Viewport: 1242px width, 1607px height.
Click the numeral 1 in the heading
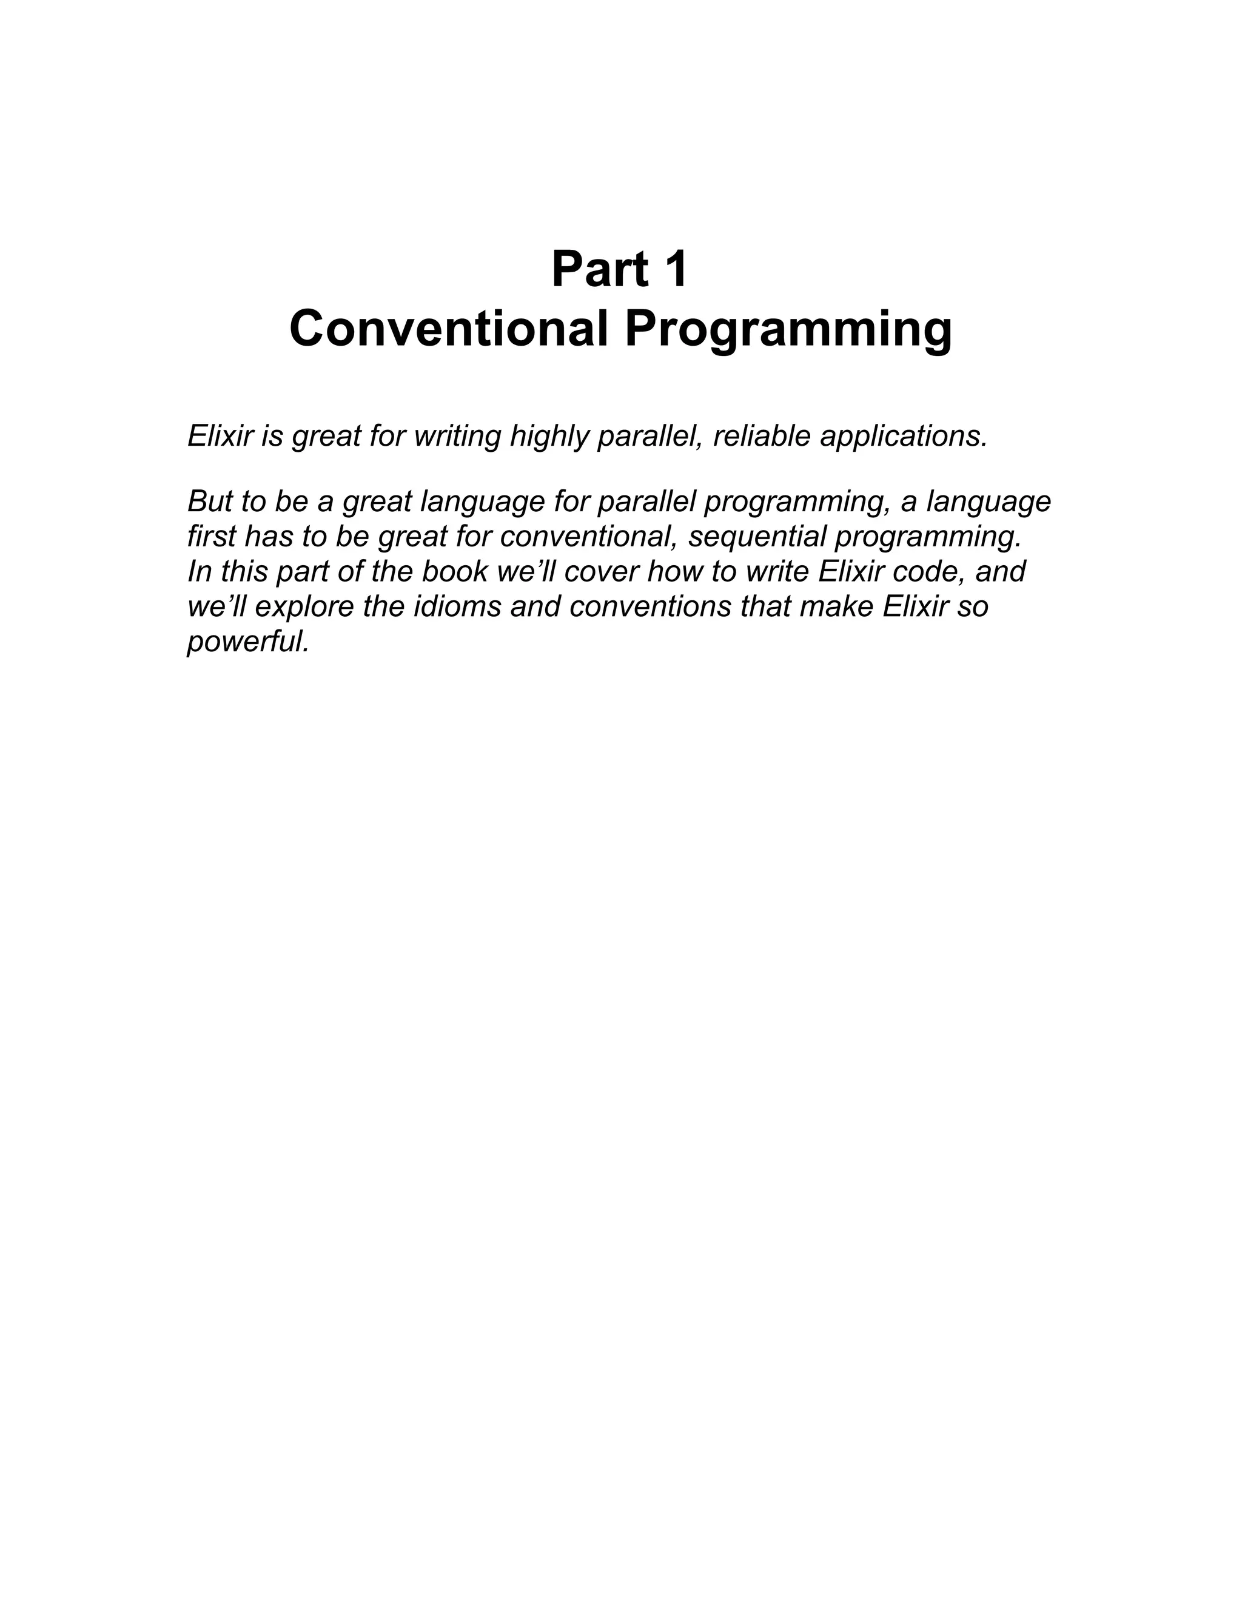pyautogui.click(x=676, y=269)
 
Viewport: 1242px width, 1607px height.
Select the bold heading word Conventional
pyautogui.click(x=449, y=328)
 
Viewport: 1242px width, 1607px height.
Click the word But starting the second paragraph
pyautogui.click(x=210, y=502)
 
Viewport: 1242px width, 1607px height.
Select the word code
pyautogui.click(x=931, y=572)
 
